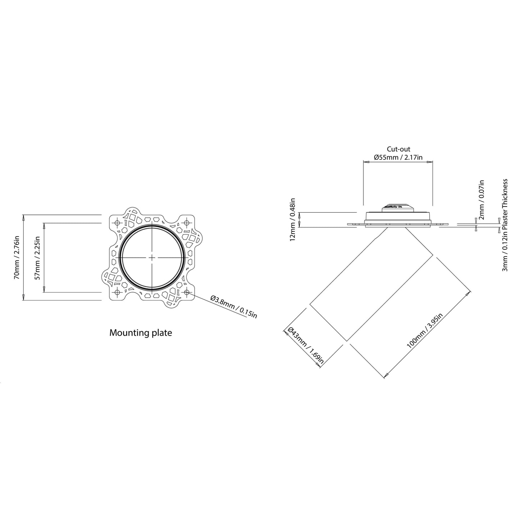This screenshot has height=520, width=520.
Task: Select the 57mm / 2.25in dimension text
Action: coord(37,258)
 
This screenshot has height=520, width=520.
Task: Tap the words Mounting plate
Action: coord(140,333)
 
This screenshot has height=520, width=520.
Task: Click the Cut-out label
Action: coord(398,149)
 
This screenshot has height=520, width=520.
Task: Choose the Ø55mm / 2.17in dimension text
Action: coord(398,157)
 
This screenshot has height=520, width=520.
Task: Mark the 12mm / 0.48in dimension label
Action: coord(293,219)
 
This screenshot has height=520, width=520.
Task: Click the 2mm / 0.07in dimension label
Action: coord(482,200)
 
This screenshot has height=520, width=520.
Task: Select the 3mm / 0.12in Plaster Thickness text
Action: coord(506,225)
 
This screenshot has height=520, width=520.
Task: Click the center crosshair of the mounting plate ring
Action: coord(152,258)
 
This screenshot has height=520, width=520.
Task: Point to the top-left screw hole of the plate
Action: coord(118,222)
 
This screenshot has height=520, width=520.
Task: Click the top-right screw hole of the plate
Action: coord(186,222)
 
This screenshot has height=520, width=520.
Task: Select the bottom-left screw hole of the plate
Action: coord(118,292)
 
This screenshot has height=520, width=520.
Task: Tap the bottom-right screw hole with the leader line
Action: coord(186,292)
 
